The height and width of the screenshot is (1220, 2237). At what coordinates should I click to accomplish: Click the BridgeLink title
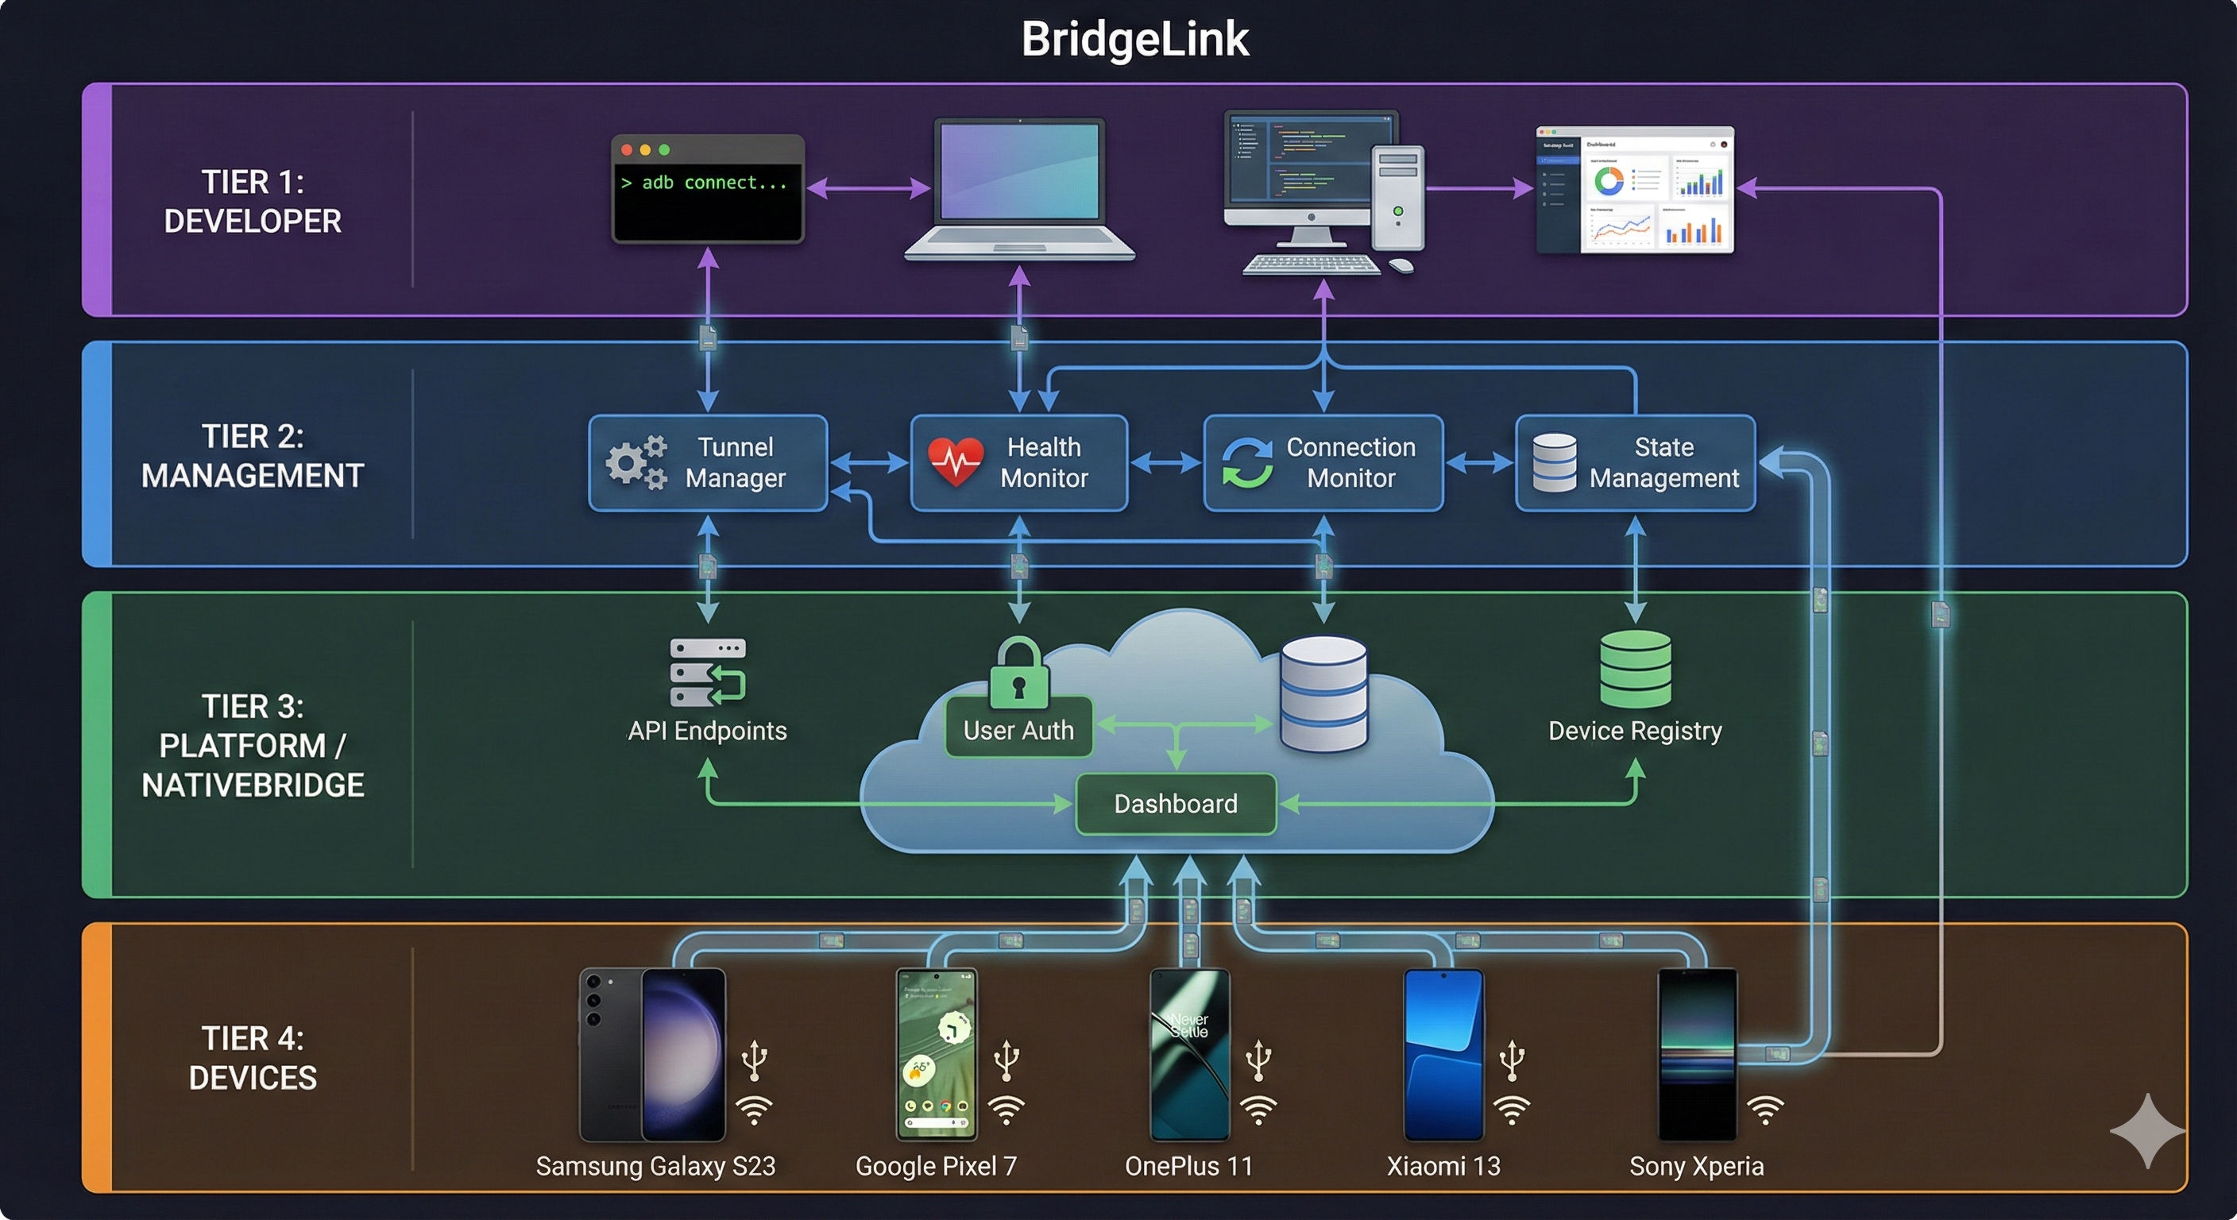click(1134, 39)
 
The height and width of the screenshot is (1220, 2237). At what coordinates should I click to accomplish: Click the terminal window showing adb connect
click(707, 188)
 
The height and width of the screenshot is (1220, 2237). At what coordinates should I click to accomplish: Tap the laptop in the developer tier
click(1018, 188)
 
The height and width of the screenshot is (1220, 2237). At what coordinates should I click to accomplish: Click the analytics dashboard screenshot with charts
click(1634, 190)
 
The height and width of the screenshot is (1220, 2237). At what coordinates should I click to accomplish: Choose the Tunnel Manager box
click(708, 462)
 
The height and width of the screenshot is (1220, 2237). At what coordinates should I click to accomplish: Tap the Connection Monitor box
click(1323, 462)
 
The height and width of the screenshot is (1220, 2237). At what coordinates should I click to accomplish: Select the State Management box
click(1634, 462)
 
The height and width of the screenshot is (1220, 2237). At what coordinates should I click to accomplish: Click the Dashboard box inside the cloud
click(1176, 803)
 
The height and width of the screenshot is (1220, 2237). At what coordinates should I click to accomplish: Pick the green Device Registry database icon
click(1634, 669)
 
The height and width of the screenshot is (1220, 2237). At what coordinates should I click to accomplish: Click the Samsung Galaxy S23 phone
click(652, 1054)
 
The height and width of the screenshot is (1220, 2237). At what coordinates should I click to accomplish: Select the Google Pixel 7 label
click(935, 1165)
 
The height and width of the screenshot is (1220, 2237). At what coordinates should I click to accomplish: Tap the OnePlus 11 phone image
click(1189, 1054)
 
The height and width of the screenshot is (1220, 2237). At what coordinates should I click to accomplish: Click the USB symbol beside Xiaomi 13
click(1512, 1060)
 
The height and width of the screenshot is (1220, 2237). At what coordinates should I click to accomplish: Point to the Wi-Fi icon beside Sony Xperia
click(1764, 1109)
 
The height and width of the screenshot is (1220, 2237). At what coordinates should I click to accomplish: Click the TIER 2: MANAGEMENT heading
click(252, 456)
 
